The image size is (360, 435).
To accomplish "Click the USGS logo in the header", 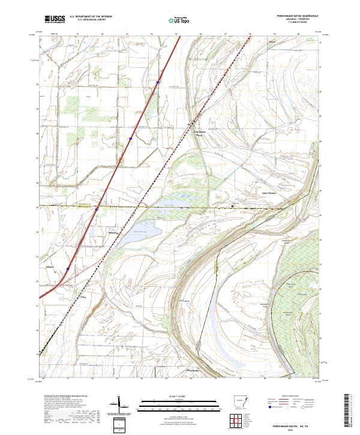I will click(x=55, y=20).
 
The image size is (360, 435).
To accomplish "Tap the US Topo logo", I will click(x=179, y=20).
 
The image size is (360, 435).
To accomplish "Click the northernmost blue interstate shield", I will click(x=157, y=83).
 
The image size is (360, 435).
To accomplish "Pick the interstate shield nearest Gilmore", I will click(x=67, y=269).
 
